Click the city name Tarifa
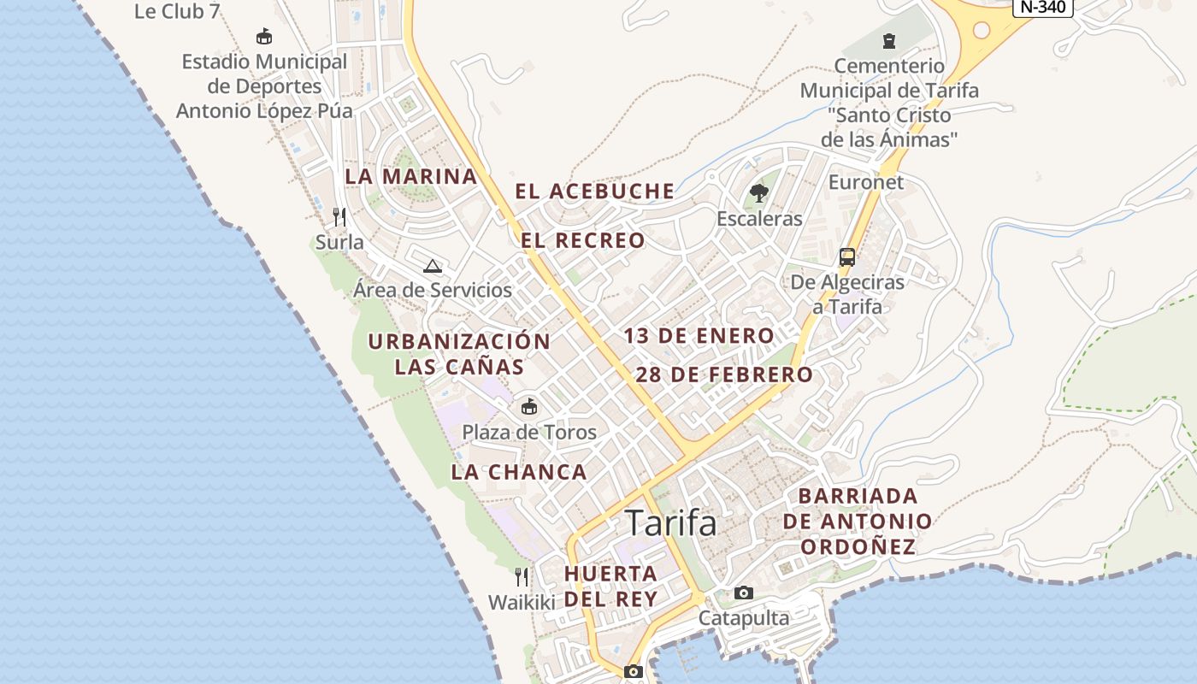pyautogui.click(x=671, y=522)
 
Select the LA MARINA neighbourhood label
pyautogui.click(x=410, y=177)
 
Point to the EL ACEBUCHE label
pyautogui.click(x=594, y=192)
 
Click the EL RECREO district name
pyautogui.click(x=583, y=241)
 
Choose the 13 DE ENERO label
pyautogui.click(x=699, y=336)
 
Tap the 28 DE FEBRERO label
pyautogui.click(x=723, y=374)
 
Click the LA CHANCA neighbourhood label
pyautogui.click(x=519, y=472)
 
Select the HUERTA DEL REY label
pyautogui.click(x=610, y=586)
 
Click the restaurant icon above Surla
pyautogui.click(x=339, y=217)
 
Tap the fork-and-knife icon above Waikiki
pyautogui.click(x=522, y=577)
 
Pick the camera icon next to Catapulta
pyautogui.click(x=744, y=593)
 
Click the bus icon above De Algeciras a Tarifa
pyautogui.click(x=846, y=256)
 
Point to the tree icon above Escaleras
pyautogui.click(x=758, y=193)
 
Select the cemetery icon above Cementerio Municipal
pyautogui.click(x=889, y=40)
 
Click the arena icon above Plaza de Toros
pyautogui.click(x=529, y=406)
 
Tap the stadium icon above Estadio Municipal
pyautogui.click(x=264, y=37)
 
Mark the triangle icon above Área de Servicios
pyautogui.click(x=433, y=265)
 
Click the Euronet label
pyautogui.click(x=865, y=182)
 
